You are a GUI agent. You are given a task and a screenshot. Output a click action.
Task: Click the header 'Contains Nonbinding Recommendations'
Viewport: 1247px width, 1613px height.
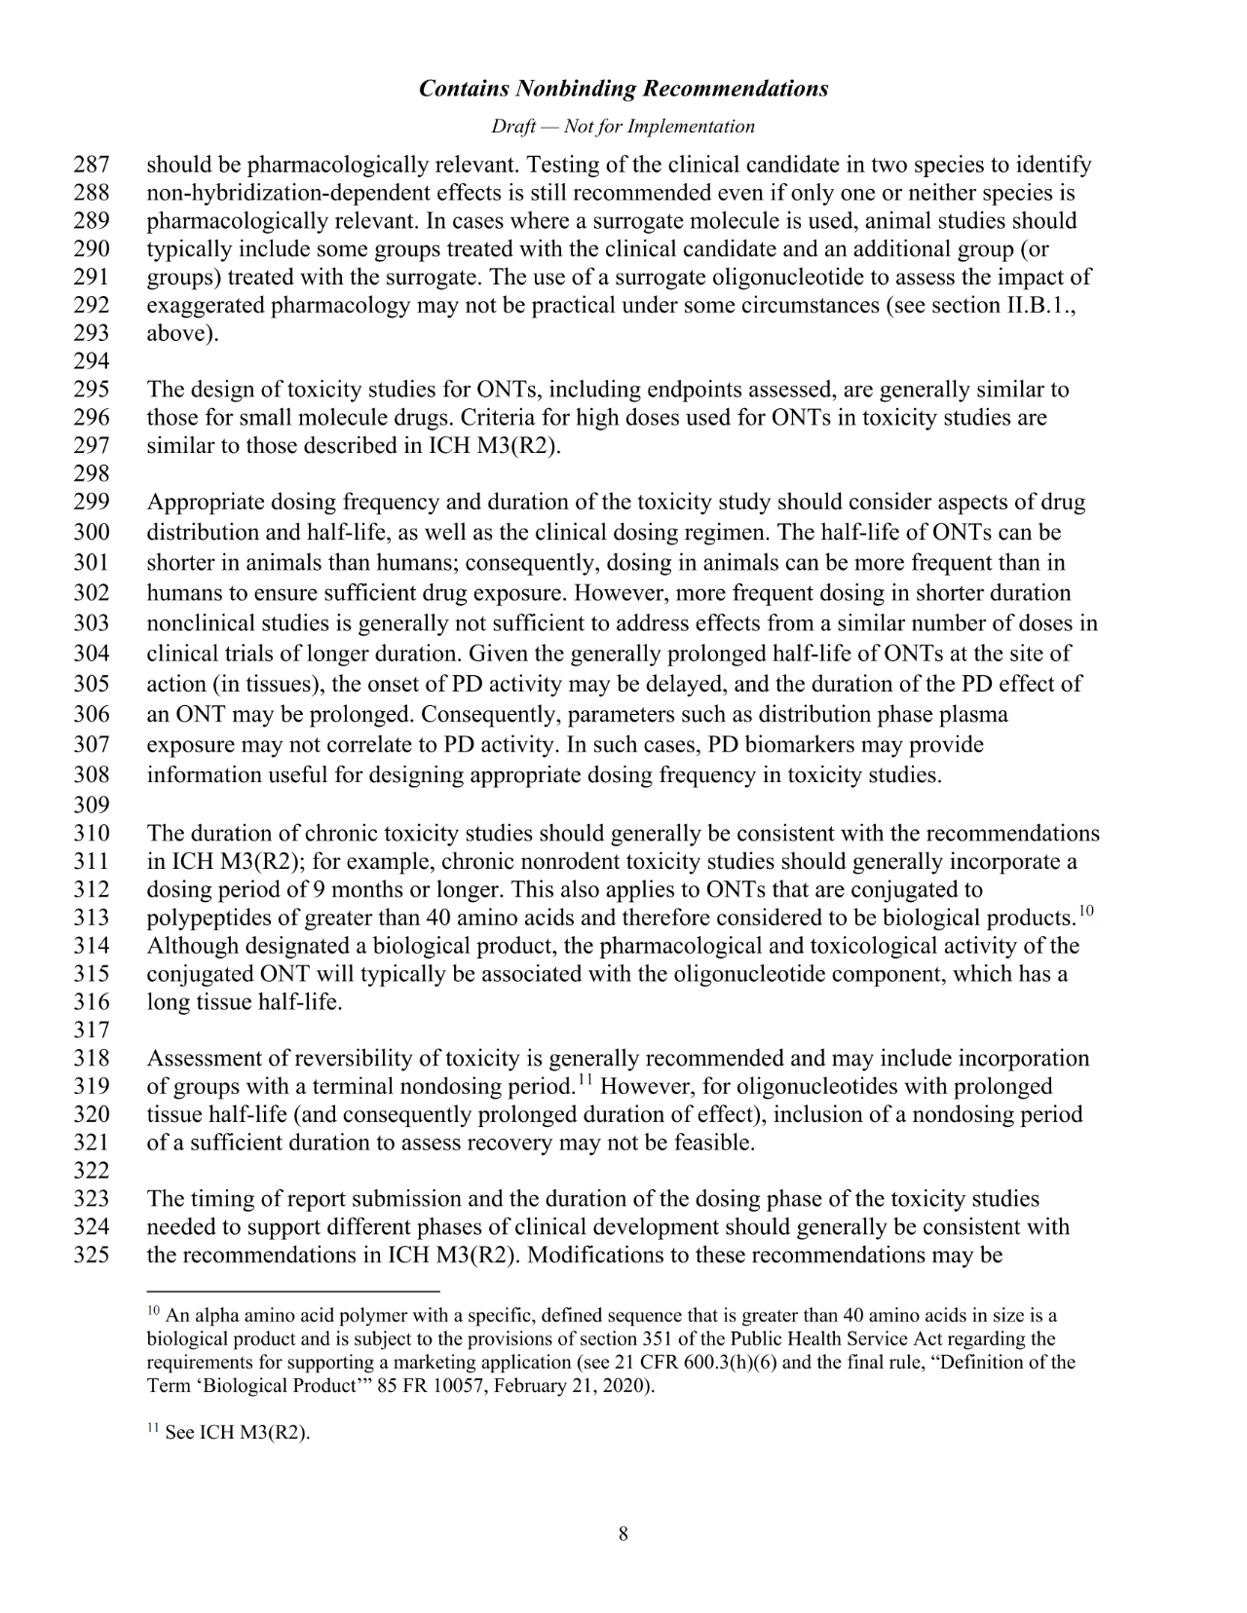[623, 89]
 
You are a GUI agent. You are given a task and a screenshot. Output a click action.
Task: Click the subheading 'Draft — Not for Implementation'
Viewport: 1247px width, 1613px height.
[623, 127]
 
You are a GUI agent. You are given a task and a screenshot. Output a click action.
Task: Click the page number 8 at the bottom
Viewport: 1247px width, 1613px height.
[623, 1535]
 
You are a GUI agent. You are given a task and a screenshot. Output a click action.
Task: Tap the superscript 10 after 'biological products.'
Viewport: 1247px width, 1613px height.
[1087, 912]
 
